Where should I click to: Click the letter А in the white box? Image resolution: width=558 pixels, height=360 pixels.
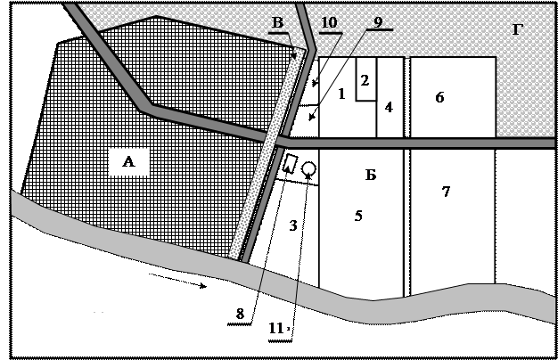(128, 161)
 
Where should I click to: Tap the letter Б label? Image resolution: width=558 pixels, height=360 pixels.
(371, 175)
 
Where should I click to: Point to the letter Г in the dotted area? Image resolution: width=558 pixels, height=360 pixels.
(518, 30)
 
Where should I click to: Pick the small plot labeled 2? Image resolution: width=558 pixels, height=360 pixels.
(365, 79)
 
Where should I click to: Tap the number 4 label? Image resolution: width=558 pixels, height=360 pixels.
(389, 107)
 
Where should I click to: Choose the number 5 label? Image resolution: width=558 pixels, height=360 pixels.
(358, 216)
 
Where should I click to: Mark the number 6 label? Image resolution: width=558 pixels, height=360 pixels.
(439, 97)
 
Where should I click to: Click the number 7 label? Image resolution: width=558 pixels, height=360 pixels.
(446, 192)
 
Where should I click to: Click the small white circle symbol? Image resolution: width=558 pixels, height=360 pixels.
(308, 168)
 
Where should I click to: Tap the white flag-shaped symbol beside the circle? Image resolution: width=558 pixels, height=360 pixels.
(290, 163)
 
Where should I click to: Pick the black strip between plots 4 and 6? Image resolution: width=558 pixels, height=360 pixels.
(406, 98)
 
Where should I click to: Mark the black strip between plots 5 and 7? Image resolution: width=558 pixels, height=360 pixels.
(406, 223)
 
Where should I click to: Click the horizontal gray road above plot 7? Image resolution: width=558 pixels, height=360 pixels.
(446, 143)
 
